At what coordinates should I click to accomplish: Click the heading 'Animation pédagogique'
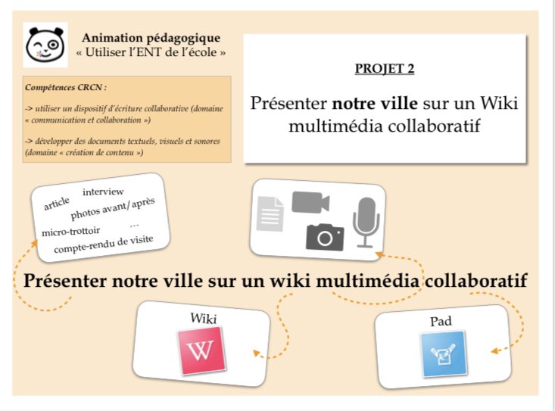pos(151,37)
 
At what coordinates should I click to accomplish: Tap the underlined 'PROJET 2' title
pos(385,70)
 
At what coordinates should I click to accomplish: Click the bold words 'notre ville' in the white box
pos(375,103)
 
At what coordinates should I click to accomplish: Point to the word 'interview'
pos(103,191)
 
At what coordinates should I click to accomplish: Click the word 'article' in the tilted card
pos(57,204)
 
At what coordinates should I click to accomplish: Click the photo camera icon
pos(325,237)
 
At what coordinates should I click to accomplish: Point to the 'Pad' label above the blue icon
pos(441,321)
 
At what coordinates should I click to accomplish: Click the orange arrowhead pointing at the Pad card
pos(494,350)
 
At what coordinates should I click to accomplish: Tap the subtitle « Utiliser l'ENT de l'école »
pos(151,52)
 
